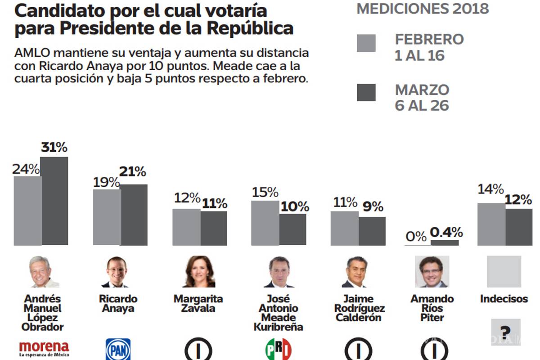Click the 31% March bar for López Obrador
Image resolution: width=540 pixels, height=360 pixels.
(x=54, y=201)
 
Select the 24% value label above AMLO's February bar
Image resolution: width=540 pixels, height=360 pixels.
(x=26, y=169)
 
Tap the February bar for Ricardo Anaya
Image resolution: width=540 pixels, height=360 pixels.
(x=107, y=217)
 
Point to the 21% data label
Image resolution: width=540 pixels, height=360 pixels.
(x=132, y=171)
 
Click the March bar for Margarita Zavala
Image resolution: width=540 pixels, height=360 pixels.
(x=214, y=228)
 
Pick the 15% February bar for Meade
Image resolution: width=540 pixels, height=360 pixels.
(x=265, y=223)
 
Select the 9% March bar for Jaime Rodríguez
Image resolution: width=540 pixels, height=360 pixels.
(x=372, y=231)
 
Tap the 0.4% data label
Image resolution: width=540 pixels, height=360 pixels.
(x=446, y=232)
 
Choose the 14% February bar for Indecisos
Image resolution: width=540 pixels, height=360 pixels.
(x=491, y=224)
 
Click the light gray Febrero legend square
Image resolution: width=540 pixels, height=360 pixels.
(x=366, y=43)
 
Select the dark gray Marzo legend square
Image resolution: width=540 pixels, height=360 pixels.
(x=366, y=92)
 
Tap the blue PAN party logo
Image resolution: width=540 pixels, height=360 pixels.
(x=118, y=349)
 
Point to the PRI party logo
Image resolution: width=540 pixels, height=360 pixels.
(x=279, y=349)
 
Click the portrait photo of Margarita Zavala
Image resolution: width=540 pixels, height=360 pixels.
(x=199, y=272)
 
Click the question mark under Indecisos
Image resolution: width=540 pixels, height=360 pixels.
(x=506, y=332)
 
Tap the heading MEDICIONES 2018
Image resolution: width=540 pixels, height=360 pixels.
(x=423, y=9)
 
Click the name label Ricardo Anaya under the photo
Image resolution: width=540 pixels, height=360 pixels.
(x=118, y=304)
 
